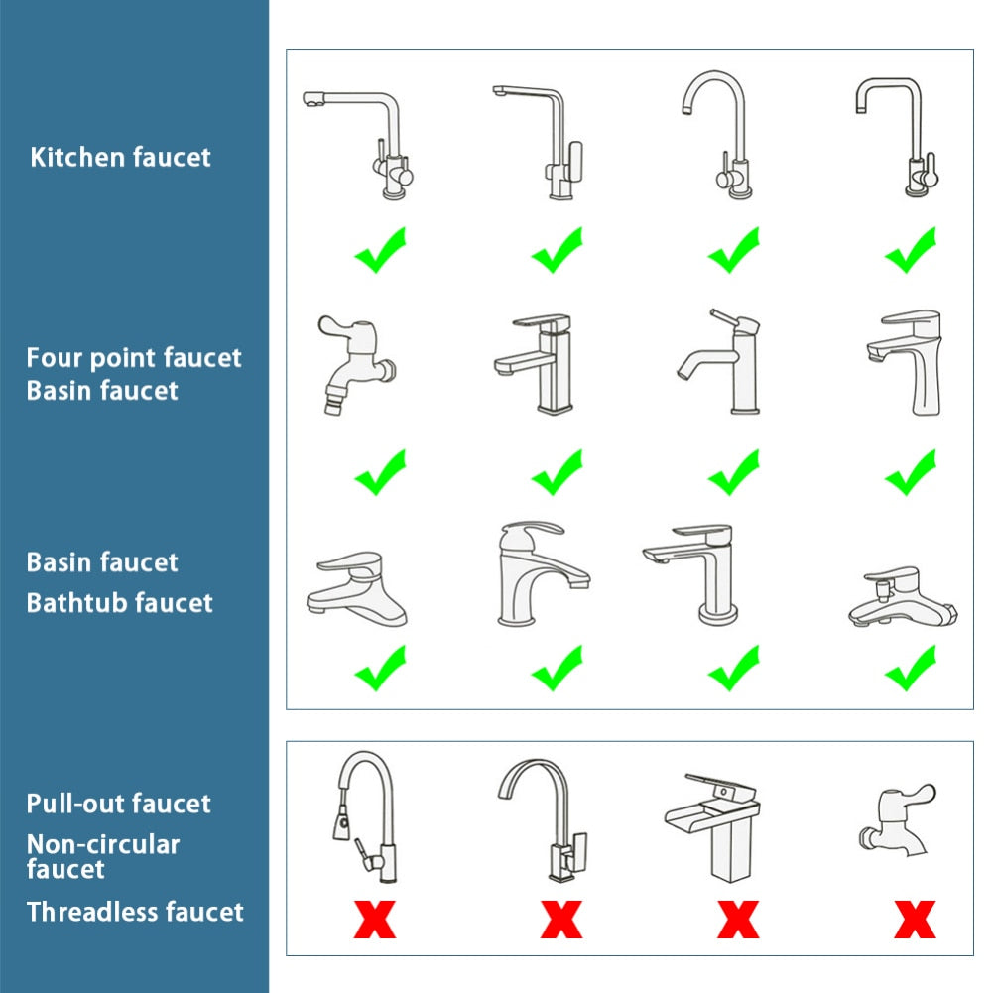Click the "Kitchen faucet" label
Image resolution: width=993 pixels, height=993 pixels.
point(120,157)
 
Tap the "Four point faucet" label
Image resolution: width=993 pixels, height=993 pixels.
point(134,357)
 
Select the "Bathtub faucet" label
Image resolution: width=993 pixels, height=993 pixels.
point(119,602)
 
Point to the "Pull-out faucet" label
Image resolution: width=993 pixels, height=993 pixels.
point(118,803)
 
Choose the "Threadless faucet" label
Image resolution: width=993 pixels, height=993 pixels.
point(134,911)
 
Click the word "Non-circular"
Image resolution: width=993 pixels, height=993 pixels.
point(102,844)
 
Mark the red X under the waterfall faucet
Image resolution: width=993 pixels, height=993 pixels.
point(737,919)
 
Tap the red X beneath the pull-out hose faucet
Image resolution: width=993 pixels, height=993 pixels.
point(374,919)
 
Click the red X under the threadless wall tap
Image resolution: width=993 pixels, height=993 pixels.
point(914,919)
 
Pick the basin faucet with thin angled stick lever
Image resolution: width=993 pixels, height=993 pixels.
point(721,362)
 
